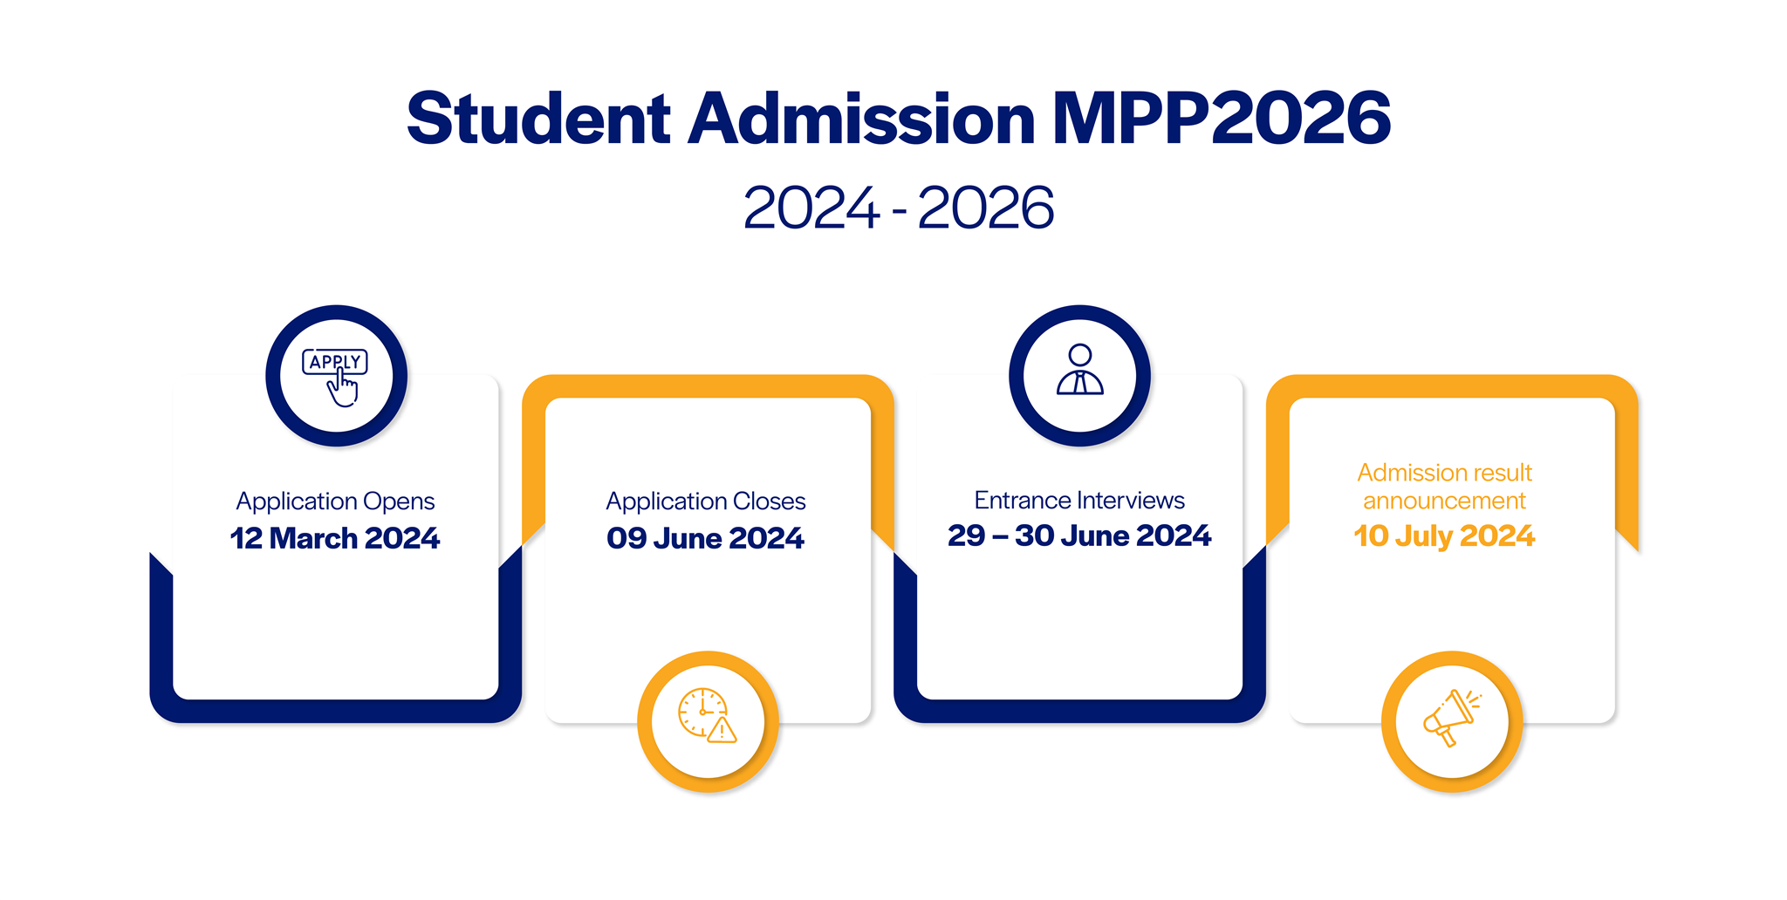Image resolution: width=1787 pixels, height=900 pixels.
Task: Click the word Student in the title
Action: (x=538, y=119)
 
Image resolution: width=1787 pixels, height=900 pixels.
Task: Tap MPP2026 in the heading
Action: (x=1221, y=119)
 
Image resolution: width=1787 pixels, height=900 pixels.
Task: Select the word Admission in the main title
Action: (x=861, y=119)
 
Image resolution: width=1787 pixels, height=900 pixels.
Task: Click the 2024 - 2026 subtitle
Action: (x=899, y=208)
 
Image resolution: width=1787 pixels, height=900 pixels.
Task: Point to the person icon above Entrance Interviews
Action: (x=1079, y=371)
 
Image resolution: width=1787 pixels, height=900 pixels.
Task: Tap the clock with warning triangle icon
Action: (x=708, y=717)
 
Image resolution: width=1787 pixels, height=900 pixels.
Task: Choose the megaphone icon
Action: (x=1451, y=718)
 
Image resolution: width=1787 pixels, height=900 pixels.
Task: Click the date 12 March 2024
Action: (x=335, y=538)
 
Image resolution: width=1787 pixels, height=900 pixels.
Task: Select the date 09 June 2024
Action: (x=706, y=538)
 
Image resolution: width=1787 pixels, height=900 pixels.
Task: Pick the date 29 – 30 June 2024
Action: (x=1079, y=535)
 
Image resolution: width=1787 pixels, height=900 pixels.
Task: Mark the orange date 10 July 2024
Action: (x=1444, y=535)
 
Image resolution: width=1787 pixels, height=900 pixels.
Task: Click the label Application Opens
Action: (x=335, y=501)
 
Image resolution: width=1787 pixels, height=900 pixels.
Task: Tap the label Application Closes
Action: (x=706, y=501)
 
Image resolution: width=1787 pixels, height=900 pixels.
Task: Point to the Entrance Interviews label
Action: (x=1079, y=500)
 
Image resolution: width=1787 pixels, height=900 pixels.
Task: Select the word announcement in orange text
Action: (x=1444, y=501)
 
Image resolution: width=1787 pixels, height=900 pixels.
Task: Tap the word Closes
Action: (x=769, y=501)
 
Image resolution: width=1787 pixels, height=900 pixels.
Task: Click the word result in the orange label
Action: (x=1501, y=473)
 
